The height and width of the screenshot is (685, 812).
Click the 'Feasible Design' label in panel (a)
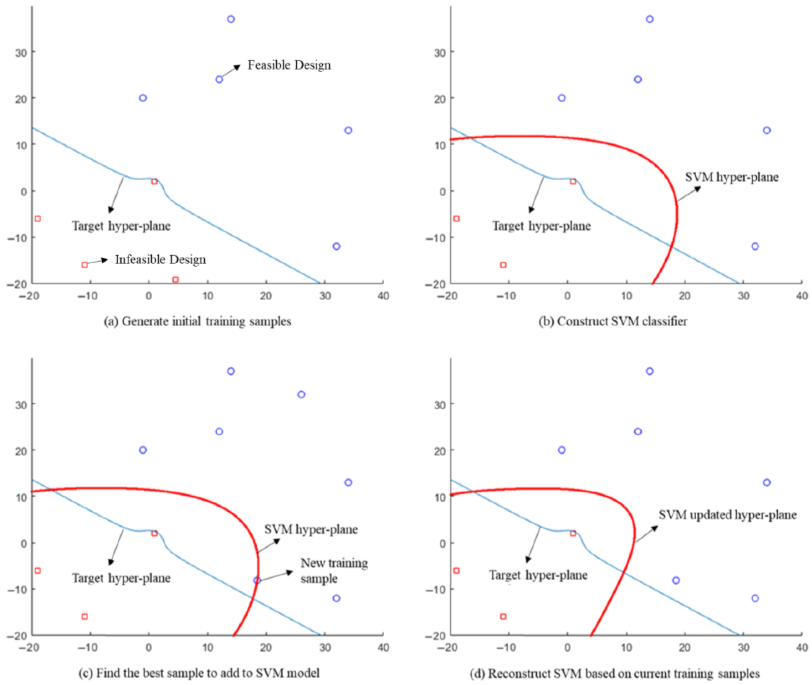pos(289,65)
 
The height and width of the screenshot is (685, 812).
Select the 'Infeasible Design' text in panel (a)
pos(160,260)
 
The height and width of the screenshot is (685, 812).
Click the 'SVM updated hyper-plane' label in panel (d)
pos(727,515)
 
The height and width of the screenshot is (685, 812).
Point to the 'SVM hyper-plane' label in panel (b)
pos(732,178)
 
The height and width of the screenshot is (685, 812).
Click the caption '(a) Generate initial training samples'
pos(197,322)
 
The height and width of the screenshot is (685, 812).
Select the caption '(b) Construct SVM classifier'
pos(613,322)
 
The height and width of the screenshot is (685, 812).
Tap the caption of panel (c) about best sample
pos(199,673)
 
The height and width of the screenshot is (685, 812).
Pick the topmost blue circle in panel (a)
pos(231,19)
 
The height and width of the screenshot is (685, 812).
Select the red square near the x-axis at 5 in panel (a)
pos(175,280)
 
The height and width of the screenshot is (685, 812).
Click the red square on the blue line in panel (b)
pos(573,181)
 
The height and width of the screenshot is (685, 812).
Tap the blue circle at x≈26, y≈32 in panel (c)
pos(301,395)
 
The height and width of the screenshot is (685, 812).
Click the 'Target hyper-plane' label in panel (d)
pos(538,575)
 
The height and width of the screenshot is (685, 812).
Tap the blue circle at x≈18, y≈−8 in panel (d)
pos(676,580)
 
